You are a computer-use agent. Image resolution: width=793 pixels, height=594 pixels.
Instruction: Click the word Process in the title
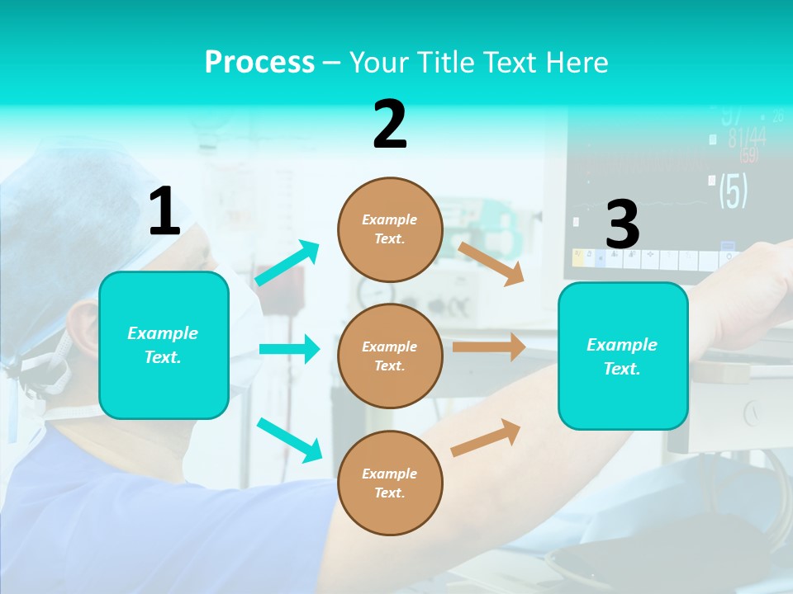pyautogui.click(x=259, y=62)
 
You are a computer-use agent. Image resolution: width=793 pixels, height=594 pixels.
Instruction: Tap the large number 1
pyautogui.click(x=164, y=211)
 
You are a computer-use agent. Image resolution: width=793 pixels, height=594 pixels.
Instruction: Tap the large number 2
pyautogui.click(x=390, y=125)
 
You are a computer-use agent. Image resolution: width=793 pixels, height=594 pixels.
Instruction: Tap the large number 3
pyautogui.click(x=622, y=224)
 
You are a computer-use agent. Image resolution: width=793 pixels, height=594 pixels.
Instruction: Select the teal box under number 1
pyautogui.click(x=164, y=345)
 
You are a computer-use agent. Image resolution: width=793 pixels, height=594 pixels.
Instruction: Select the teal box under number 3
pyautogui.click(x=623, y=356)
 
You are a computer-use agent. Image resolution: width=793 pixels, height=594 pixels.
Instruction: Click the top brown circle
pyautogui.click(x=390, y=229)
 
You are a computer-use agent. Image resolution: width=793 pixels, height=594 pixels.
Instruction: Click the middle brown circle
pyautogui.click(x=390, y=356)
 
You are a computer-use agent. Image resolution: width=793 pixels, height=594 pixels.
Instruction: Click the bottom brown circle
pyautogui.click(x=390, y=483)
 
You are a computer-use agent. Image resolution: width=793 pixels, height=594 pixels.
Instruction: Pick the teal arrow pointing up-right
pyautogui.click(x=287, y=263)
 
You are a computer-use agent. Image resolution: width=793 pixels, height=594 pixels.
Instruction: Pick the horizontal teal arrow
pyautogui.click(x=289, y=349)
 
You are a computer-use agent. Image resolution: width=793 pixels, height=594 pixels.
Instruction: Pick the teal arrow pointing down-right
pyautogui.click(x=289, y=440)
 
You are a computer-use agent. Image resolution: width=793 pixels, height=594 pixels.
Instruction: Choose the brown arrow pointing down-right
pyautogui.click(x=491, y=263)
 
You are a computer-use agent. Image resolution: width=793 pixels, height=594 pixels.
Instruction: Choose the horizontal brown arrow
pyautogui.click(x=488, y=347)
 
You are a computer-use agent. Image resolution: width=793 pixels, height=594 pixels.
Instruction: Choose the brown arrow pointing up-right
pyautogui.click(x=487, y=437)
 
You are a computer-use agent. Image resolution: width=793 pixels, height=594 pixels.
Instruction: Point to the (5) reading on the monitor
pyautogui.click(x=733, y=191)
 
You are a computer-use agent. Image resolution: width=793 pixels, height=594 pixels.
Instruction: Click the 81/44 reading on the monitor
pyautogui.click(x=747, y=138)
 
